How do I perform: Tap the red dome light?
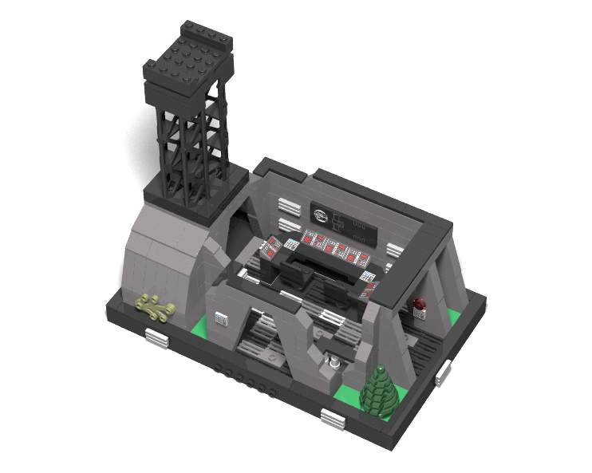(420, 303)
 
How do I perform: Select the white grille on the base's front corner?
(333, 416)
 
